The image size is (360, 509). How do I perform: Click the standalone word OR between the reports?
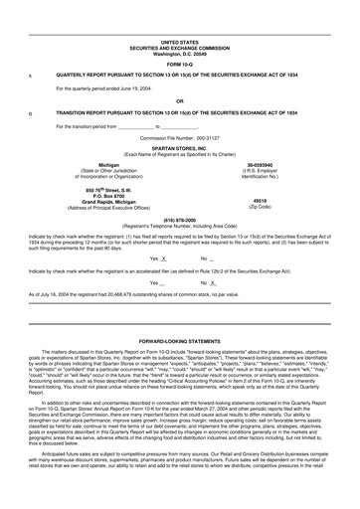(x=179, y=101)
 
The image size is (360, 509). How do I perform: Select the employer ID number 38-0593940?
(x=260, y=165)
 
